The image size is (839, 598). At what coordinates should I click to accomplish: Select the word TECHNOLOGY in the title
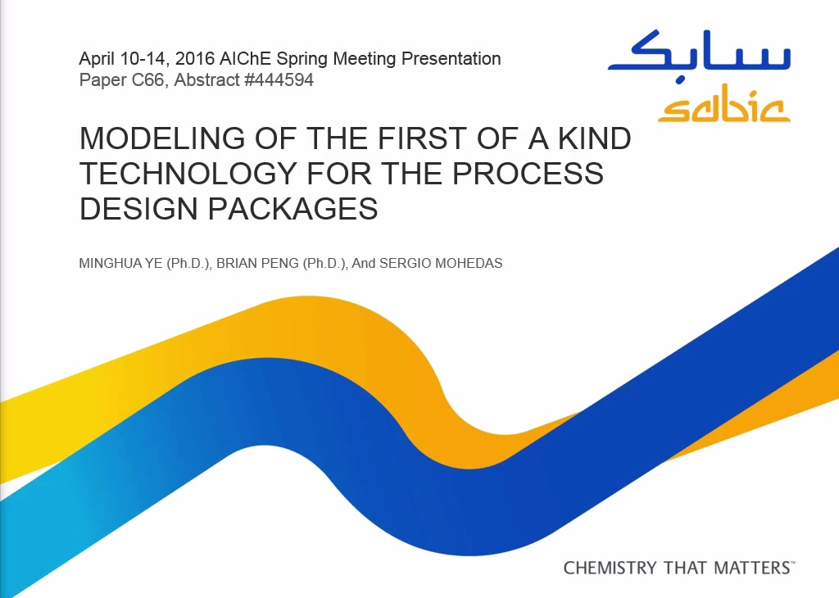point(188,174)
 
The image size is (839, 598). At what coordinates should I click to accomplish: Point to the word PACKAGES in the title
point(293,209)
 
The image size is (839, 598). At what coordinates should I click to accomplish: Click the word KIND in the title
point(595,138)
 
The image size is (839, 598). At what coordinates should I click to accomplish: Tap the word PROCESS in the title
point(528,174)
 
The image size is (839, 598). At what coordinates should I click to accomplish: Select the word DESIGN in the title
point(138,209)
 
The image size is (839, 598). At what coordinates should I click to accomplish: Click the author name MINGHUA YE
point(121,263)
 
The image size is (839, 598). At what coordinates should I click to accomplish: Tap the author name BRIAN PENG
point(257,263)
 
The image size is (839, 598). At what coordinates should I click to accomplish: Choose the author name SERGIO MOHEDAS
point(441,263)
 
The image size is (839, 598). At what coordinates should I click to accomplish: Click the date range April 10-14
point(120,58)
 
